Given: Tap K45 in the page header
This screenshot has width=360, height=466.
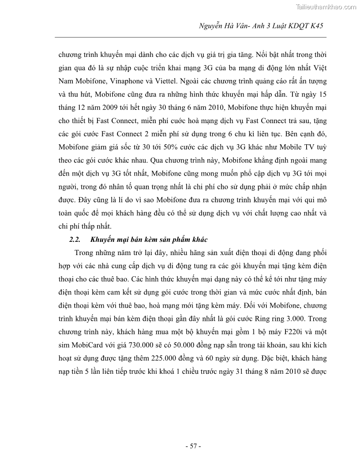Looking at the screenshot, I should tap(316, 26).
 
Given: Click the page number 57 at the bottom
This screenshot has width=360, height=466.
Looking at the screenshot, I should tap(193, 446).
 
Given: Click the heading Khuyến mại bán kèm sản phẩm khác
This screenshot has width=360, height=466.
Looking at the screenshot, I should tap(149, 240).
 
